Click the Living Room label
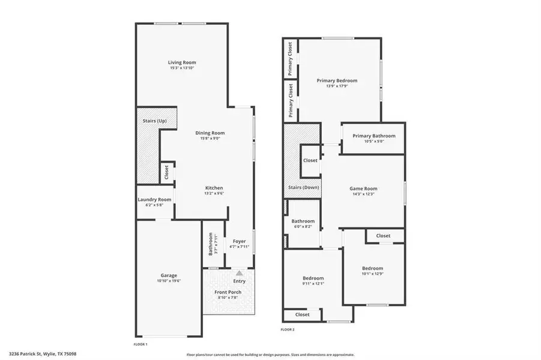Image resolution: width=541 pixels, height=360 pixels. (181, 62)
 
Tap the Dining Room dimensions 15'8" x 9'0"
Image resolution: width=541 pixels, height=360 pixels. (210, 139)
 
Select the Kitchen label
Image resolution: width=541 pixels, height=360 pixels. (214, 187)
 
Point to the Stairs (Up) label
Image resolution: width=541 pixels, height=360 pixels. (154, 121)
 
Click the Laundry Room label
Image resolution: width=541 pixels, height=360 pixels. (154, 199)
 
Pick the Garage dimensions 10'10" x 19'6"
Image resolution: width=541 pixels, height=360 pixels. (168, 281)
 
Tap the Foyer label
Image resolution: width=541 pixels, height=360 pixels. (239, 241)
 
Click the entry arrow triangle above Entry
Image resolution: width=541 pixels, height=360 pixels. (239, 273)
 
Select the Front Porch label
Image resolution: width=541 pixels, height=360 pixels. (228, 292)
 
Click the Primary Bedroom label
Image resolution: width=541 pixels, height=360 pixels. (337, 80)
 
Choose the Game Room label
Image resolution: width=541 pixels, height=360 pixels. (363, 188)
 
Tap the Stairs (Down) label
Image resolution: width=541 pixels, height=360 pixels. (303, 187)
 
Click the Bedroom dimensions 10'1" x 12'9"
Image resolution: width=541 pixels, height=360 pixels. (372, 274)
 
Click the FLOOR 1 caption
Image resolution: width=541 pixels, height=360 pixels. (140, 344)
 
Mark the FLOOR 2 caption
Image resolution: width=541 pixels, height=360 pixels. (288, 329)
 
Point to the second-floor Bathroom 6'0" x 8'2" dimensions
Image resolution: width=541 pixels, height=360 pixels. (303, 226)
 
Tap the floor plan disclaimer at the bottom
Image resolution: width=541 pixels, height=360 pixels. (270, 354)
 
